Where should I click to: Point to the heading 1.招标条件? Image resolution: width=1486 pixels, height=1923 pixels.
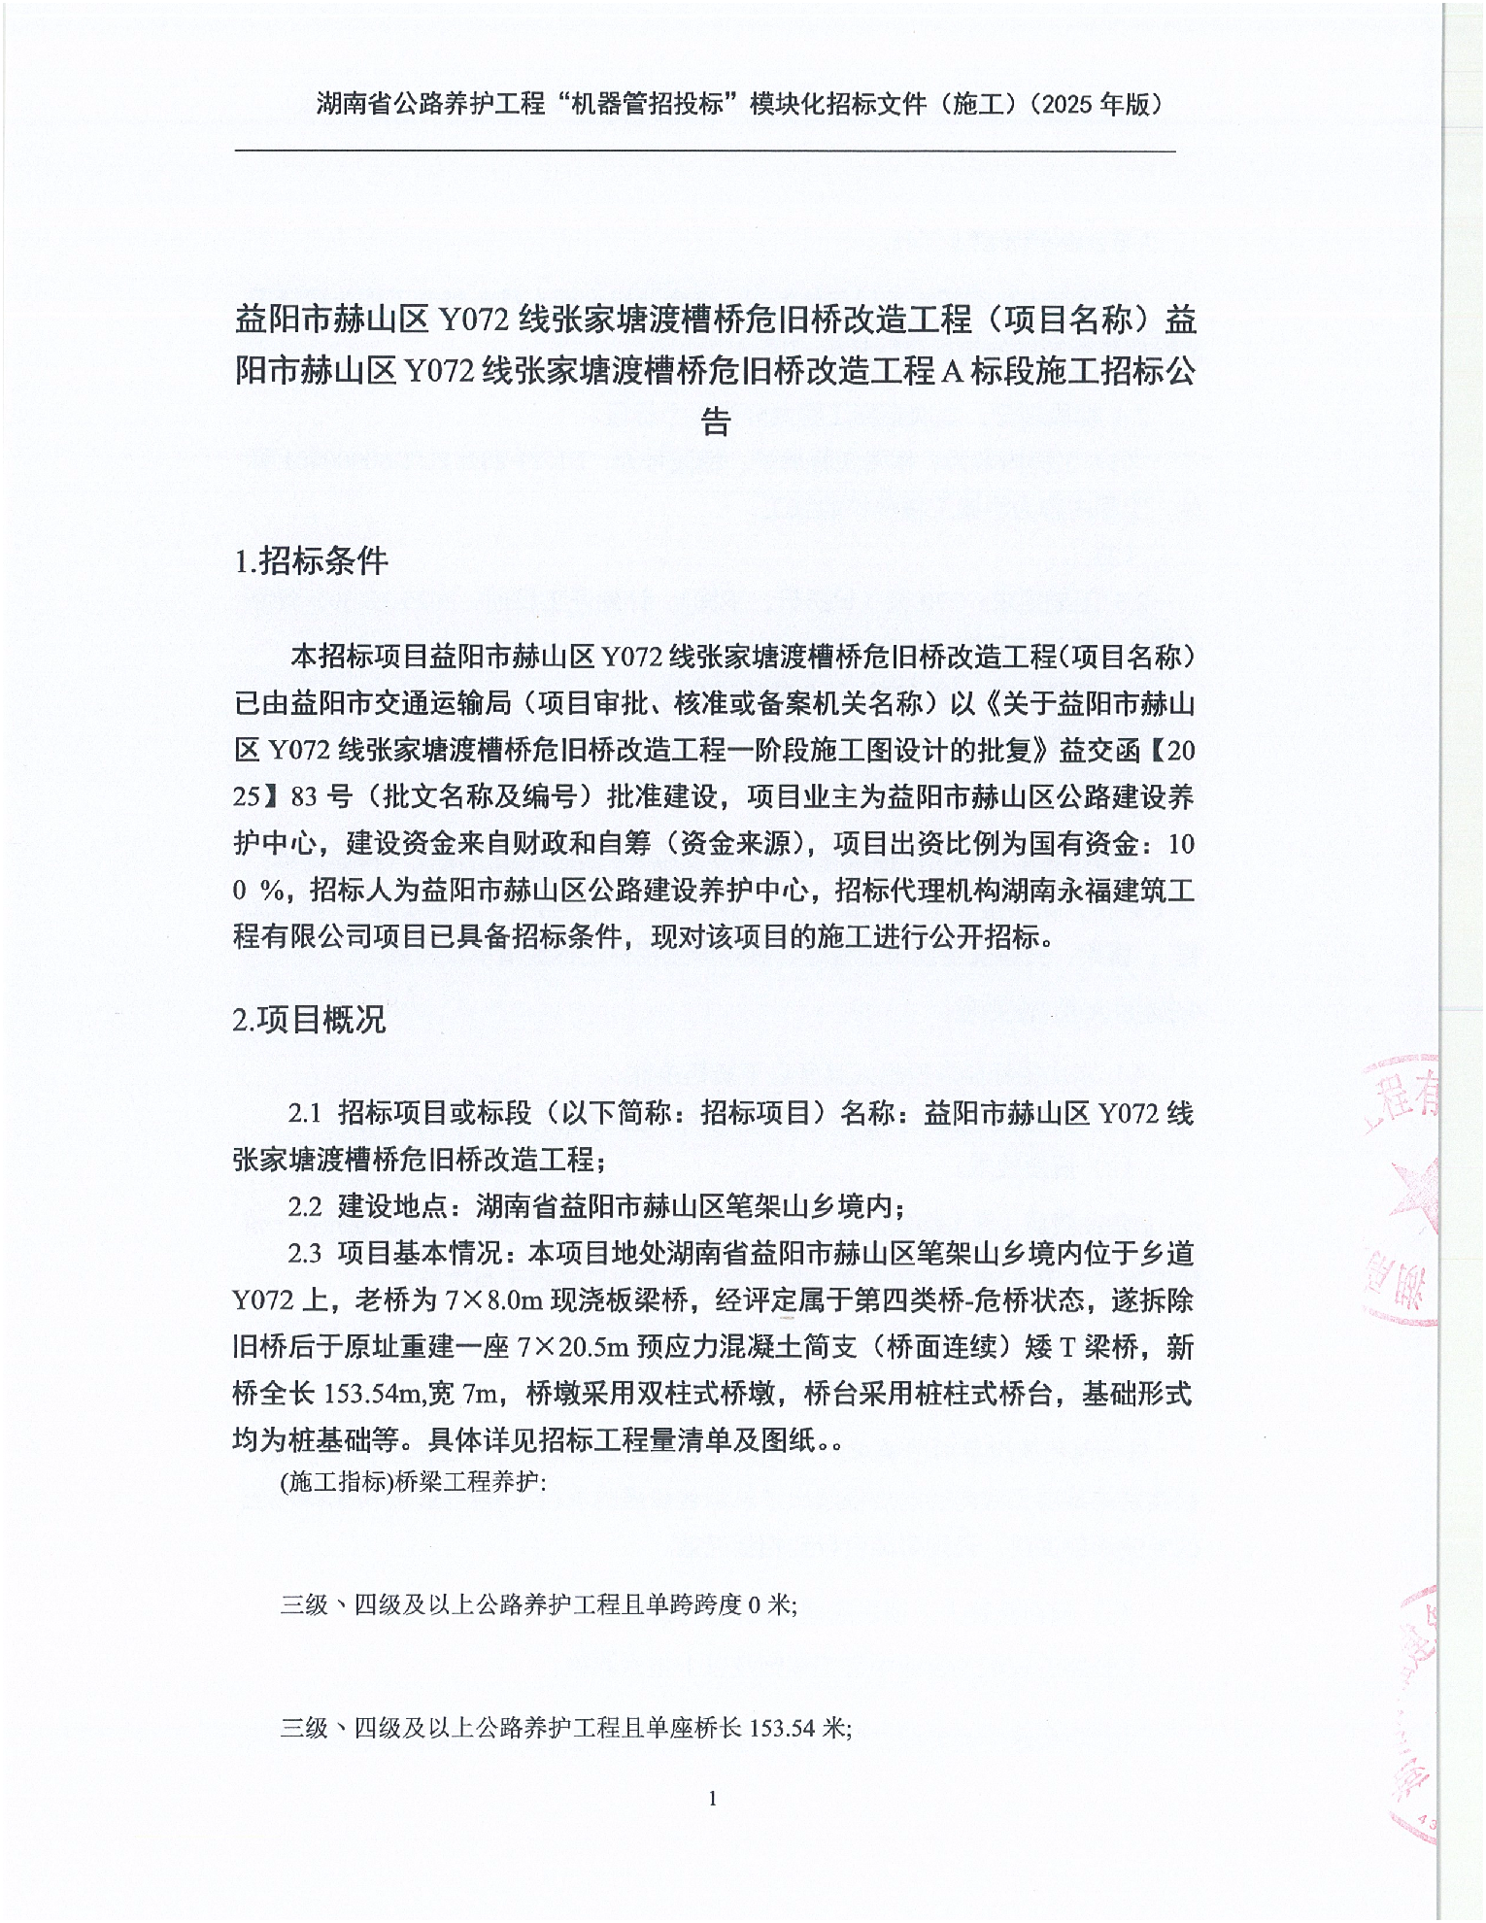coord(312,561)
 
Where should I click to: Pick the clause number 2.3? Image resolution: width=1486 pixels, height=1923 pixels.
coord(305,1254)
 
